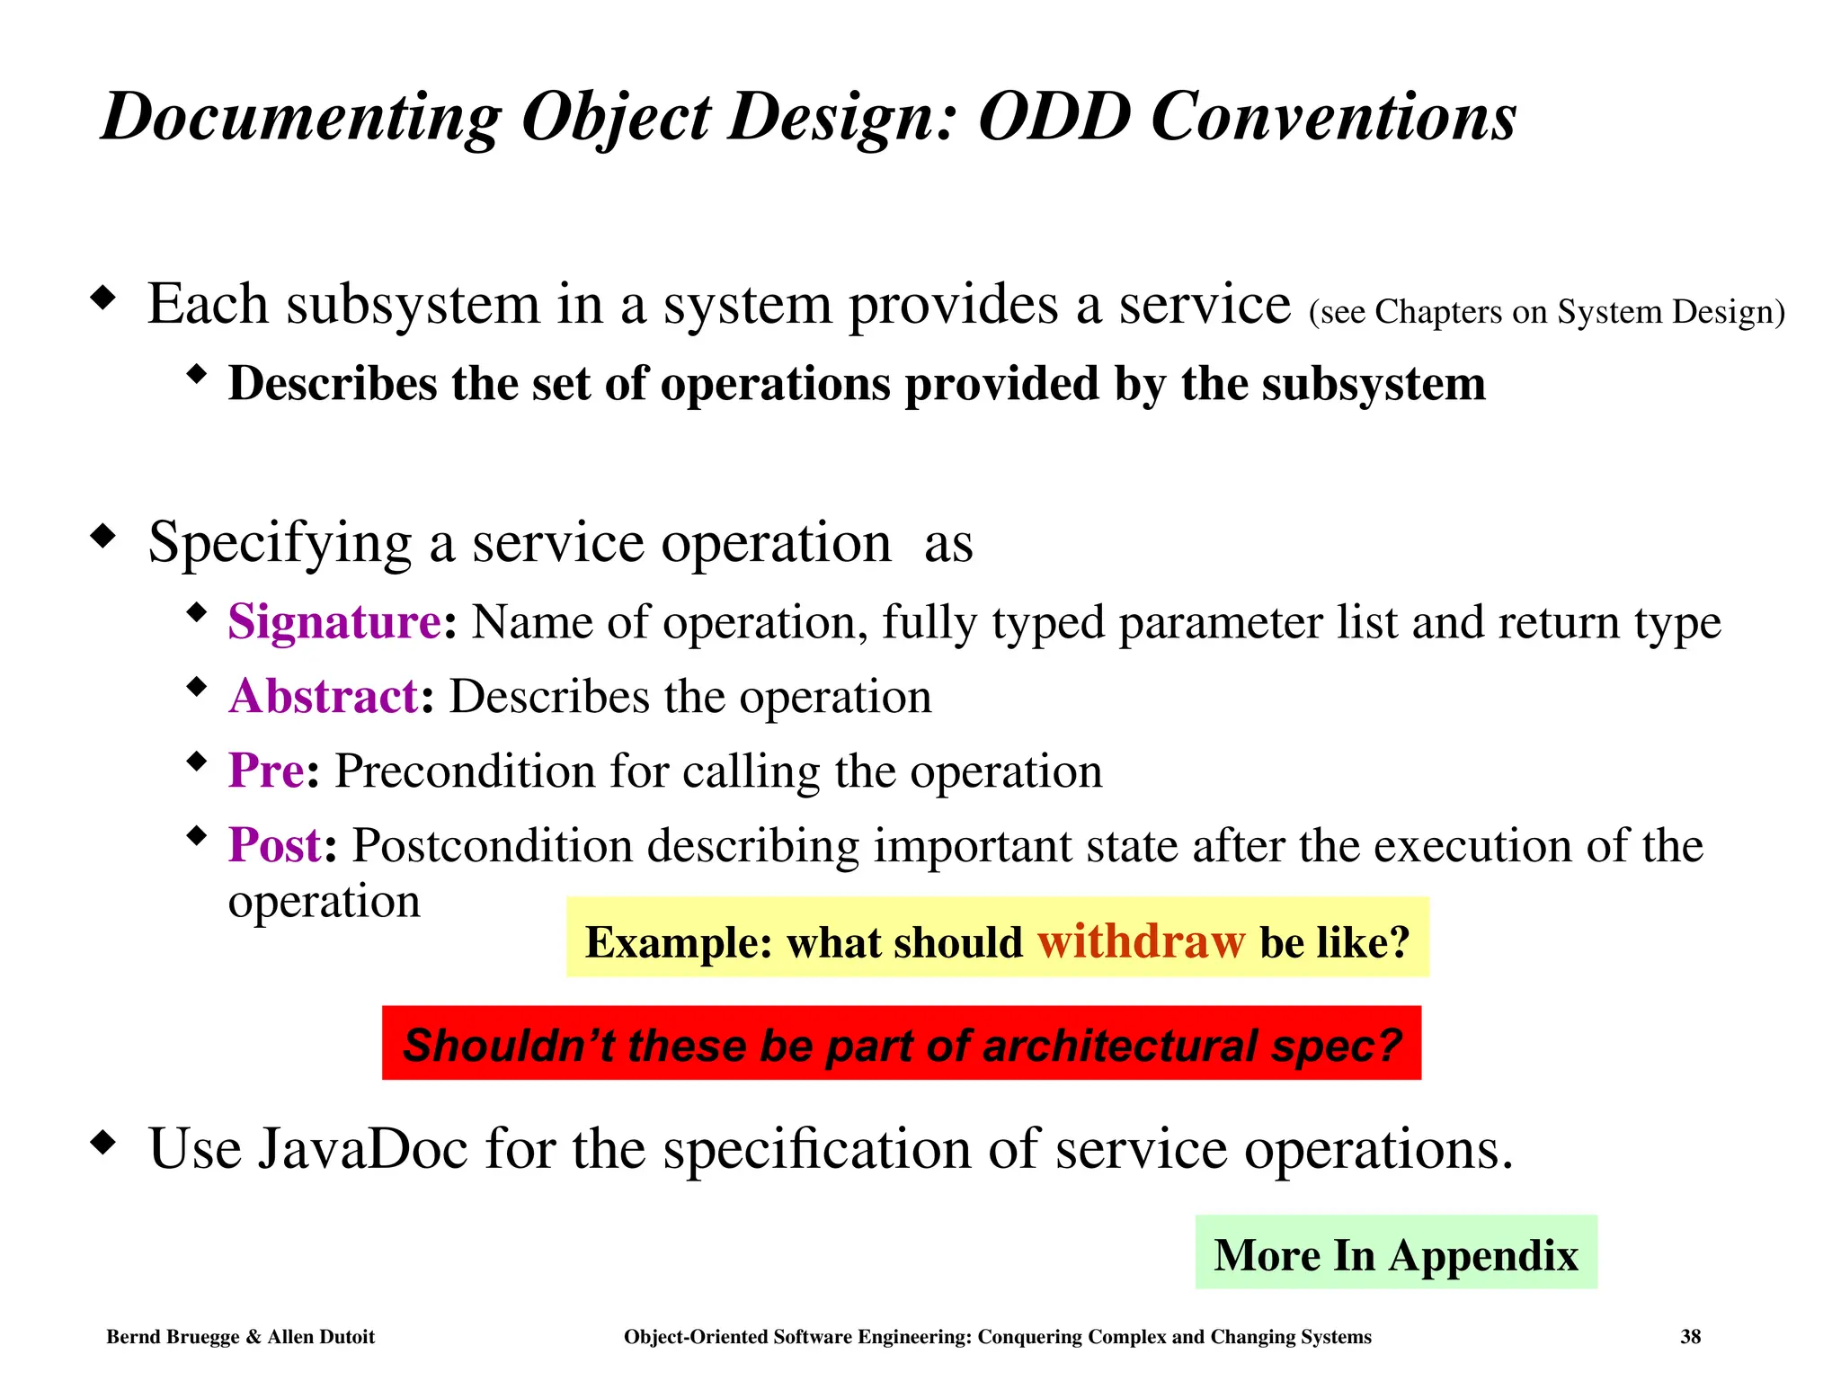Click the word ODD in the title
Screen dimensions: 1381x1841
coord(1054,117)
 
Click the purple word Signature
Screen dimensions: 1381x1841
coord(334,621)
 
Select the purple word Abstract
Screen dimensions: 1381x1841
coord(323,696)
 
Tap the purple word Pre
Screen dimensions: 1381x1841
coord(266,771)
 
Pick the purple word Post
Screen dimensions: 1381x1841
coord(274,845)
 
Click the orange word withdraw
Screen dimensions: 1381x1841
coord(1141,941)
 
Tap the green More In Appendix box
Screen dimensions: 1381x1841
coord(1395,1253)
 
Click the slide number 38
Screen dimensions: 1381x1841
coord(1690,1337)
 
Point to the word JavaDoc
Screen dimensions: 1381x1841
coord(363,1149)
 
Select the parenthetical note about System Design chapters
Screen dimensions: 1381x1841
coord(1546,312)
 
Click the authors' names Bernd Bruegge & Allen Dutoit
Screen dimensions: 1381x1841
coord(240,1337)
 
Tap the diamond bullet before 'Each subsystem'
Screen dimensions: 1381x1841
coord(104,298)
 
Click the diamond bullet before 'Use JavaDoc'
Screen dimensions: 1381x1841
coord(104,1143)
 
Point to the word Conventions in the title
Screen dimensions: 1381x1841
coord(1333,117)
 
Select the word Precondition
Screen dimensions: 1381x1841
coord(465,771)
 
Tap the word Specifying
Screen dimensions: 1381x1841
coord(280,544)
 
